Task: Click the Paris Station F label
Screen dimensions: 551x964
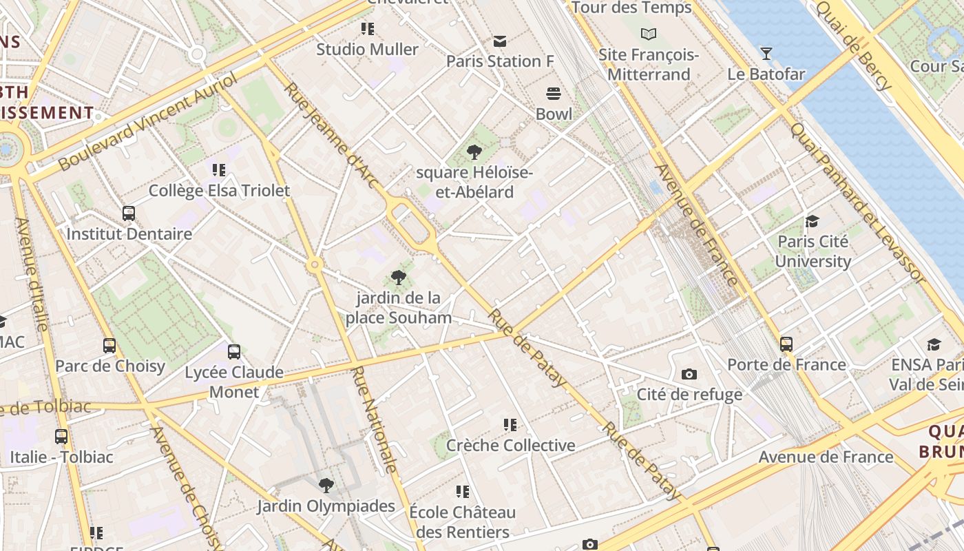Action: pos(500,61)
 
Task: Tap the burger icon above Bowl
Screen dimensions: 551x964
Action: pos(554,93)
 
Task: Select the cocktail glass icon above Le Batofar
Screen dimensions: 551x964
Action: pos(766,53)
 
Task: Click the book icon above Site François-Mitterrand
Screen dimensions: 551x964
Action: pos(648,33)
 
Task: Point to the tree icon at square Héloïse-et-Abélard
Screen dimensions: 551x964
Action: pos(474,152)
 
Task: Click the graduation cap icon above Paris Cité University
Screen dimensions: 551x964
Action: pos(813,221)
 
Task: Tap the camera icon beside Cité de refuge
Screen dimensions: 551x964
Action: pos(689,374)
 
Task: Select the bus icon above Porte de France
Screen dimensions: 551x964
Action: pos(786,344)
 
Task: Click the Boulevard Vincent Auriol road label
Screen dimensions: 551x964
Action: pos(147,123)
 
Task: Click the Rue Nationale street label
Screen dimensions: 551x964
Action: pos(375,420)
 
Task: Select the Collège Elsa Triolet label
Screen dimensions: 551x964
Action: pos(219,191)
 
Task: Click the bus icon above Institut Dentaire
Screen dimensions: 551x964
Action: pos(128,213)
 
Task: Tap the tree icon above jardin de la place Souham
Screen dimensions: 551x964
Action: pos(398,278)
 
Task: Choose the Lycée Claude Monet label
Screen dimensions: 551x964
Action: pos(234,382)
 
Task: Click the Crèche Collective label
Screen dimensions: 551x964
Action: pos(510,446)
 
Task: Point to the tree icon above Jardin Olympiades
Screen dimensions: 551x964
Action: pos(326,486)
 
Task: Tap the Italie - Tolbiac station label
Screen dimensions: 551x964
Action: pos(61,457)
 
